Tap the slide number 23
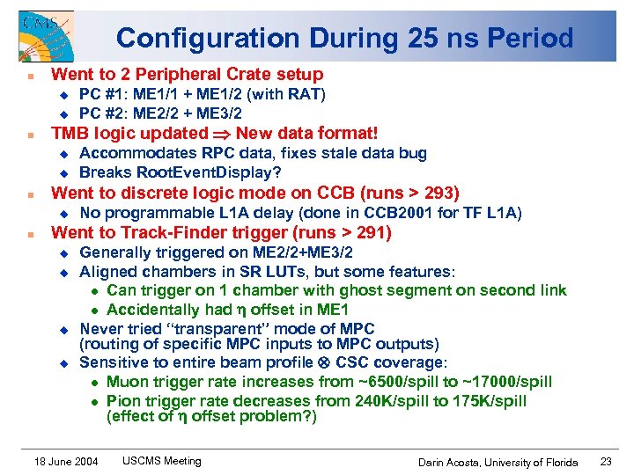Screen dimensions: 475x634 tap(606, 461)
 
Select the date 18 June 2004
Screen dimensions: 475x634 tap(66, 462)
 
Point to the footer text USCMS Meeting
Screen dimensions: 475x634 tap(161, 461)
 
